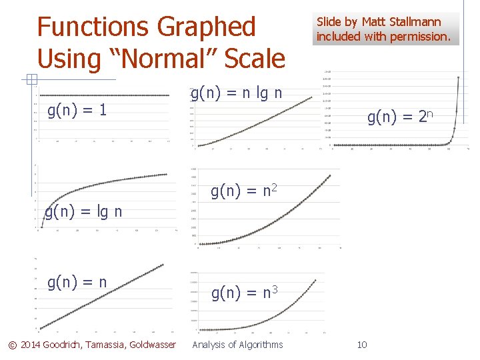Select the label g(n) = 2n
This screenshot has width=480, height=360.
pos(401,117)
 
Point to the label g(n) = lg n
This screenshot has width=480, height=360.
pos(83,213)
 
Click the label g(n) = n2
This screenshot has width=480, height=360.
pos(244,193)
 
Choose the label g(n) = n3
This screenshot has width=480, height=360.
pos(245,293)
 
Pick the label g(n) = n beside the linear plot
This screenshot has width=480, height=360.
pos(77,282)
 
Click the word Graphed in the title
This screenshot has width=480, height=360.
pos(206,28)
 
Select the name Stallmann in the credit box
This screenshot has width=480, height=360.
pos(417,23)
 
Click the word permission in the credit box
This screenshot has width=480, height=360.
pos(422,37)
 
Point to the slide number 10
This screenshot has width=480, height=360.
pos(362,345)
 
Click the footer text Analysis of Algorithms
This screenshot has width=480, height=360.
pos(237,345)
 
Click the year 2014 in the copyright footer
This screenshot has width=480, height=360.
pos(29,345)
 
